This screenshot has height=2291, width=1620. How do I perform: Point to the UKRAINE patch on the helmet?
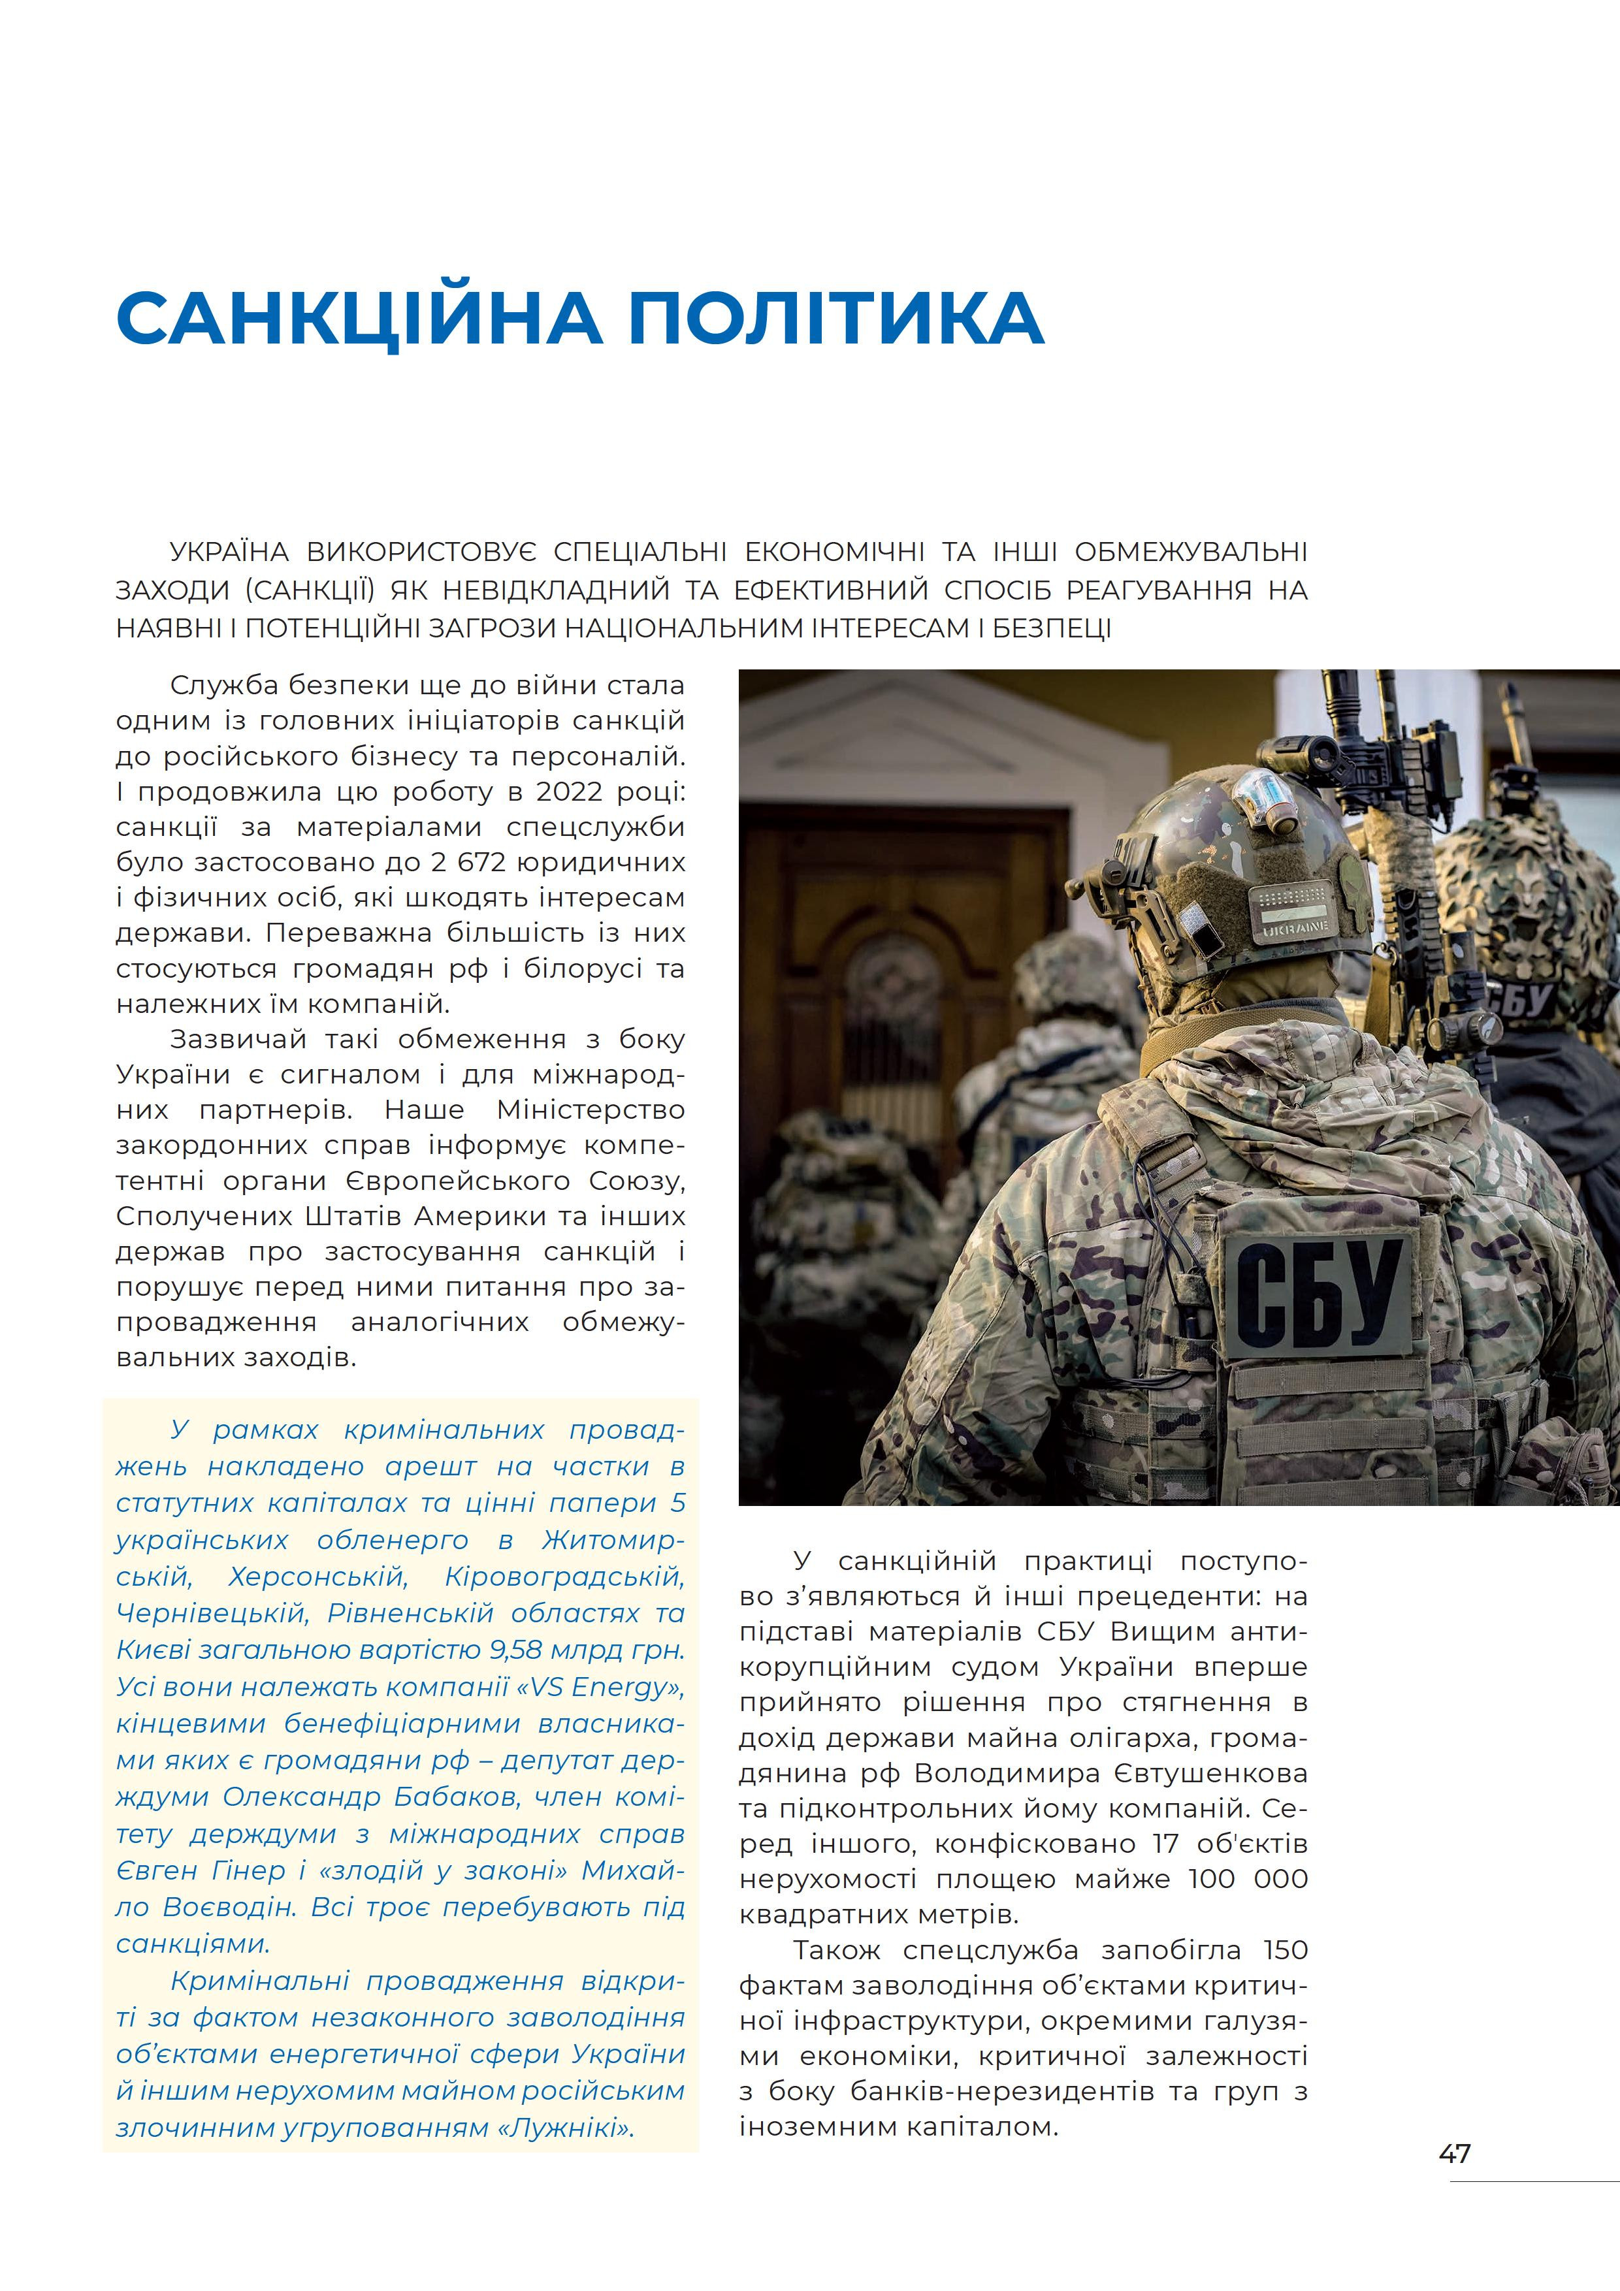point(1295,928)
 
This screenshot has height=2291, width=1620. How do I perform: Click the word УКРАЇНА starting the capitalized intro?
point(229,552)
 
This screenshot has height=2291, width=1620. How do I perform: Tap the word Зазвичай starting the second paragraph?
point(238,1039)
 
